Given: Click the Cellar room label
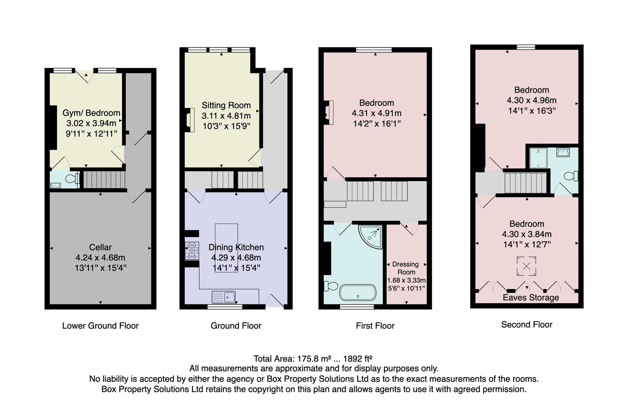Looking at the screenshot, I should pyautogui.click(x=100, y=247).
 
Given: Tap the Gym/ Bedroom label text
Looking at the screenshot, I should pyautogui.click(x=91, y=113).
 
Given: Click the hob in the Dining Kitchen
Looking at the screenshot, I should pyautogui.click(x=192, y=251).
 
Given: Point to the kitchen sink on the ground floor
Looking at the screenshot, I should pyautogui.click(x=224, y=297).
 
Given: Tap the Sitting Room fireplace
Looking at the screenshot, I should pyautogui.click(x=190, y=120).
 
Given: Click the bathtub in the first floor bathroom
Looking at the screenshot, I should pyautogui.click(x=358, y=293).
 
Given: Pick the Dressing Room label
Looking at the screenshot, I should pyautogui.click(x=406, y=268).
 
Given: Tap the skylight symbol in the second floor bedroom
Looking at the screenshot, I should pyautogui.click(x=526, y=266).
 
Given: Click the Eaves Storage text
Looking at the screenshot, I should pyautogui.click(x=531, y=298).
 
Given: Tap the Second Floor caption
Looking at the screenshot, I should pyautogui.click(x=526, y=324).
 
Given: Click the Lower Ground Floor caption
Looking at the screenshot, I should pyautogui.click(x=100, y=326).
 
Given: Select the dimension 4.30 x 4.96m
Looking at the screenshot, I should pyautogui.click(x=531, y=100).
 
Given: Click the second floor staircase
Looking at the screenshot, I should pyautogui.click(x=525, y=183).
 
